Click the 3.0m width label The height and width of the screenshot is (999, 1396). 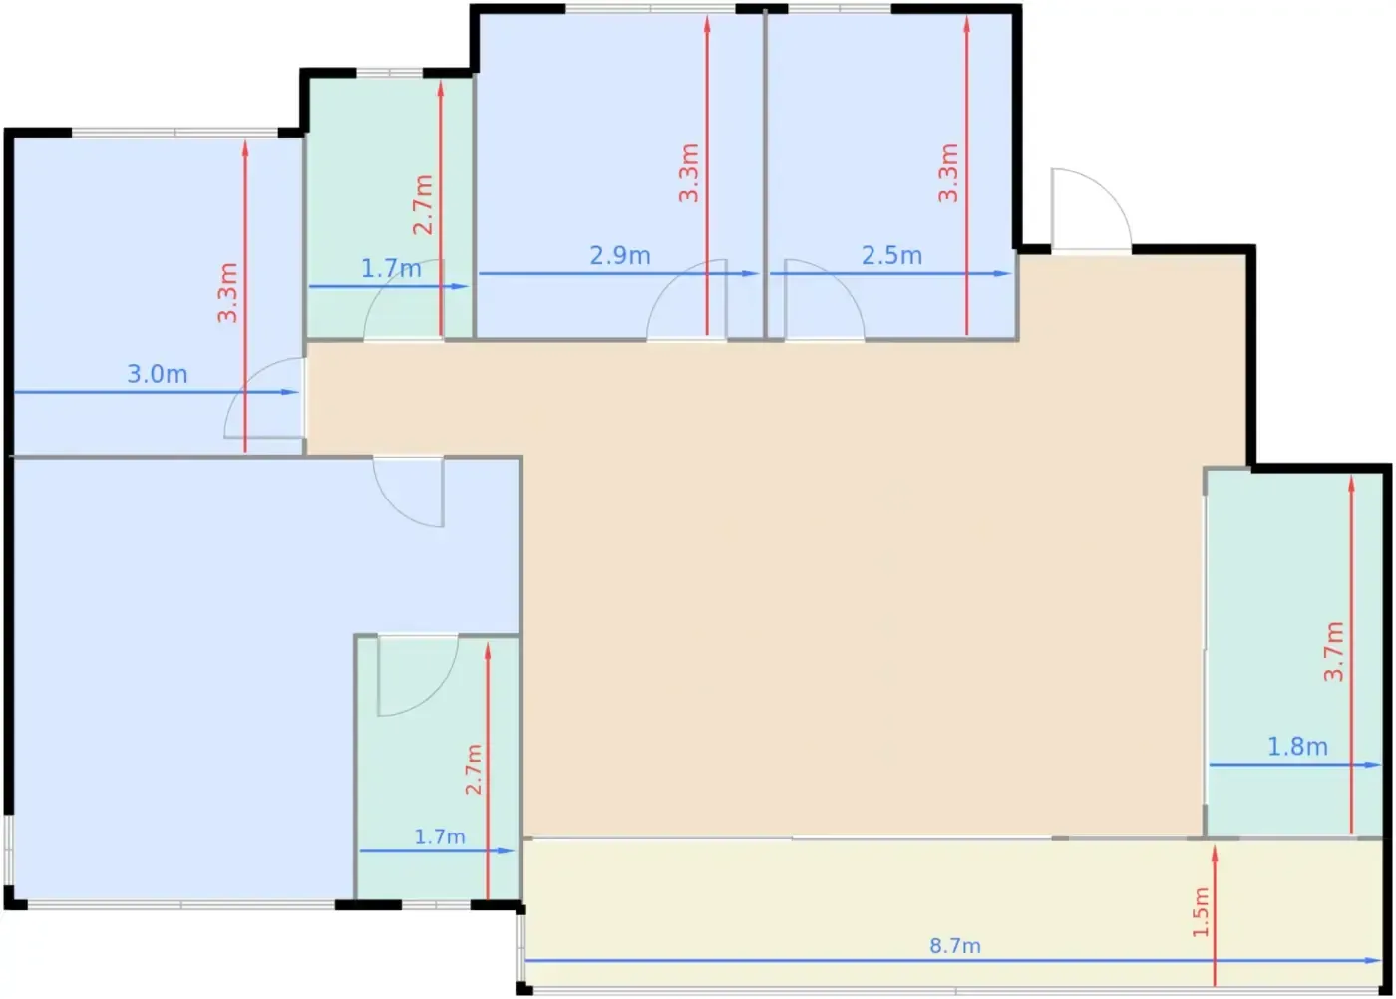[x=158, y=374]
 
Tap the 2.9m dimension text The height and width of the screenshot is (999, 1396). [x=620, y=255]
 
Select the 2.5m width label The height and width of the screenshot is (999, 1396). [x=891, y=255]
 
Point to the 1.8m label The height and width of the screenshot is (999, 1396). [x=1298, y=746]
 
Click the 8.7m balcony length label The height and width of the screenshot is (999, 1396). [x=955, y=946]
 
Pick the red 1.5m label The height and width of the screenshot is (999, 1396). [x=1201, y=912]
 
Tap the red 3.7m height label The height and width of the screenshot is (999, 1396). [x=1334, y=651]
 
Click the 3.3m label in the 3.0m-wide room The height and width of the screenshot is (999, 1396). [x=227, y=293]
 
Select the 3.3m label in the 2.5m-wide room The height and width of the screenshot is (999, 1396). [x=948, y=172]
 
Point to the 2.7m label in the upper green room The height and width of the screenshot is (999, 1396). [x=423, y=205]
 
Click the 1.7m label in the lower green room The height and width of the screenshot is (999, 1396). [x=440, y=836]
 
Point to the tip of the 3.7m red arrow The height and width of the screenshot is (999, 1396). [x=1351, y=478]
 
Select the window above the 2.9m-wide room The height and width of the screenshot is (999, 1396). [x=650, y=9]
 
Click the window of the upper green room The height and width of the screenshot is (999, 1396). [x=389, y=73]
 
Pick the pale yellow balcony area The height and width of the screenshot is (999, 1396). [x=953, y=913]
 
